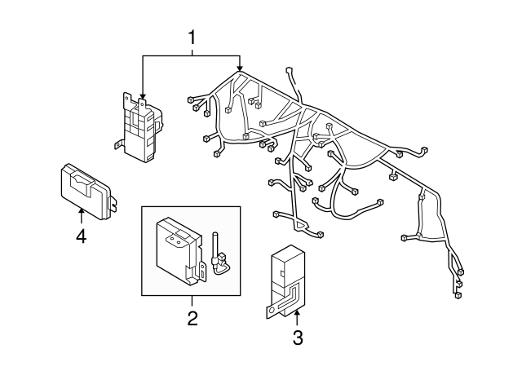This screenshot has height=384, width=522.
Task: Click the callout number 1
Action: [192, 37]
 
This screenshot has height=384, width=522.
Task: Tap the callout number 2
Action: [192, 318]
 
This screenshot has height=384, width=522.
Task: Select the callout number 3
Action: [297, 337]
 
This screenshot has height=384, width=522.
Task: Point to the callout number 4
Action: [81, 237]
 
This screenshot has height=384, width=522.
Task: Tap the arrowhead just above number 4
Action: [81, 212]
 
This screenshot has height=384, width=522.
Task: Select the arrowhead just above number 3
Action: [297, 313]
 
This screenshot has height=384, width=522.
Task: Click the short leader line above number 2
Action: [192, 302]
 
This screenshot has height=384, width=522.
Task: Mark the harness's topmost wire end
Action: [290, 71]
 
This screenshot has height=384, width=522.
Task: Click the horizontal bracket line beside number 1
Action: [192, 55]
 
